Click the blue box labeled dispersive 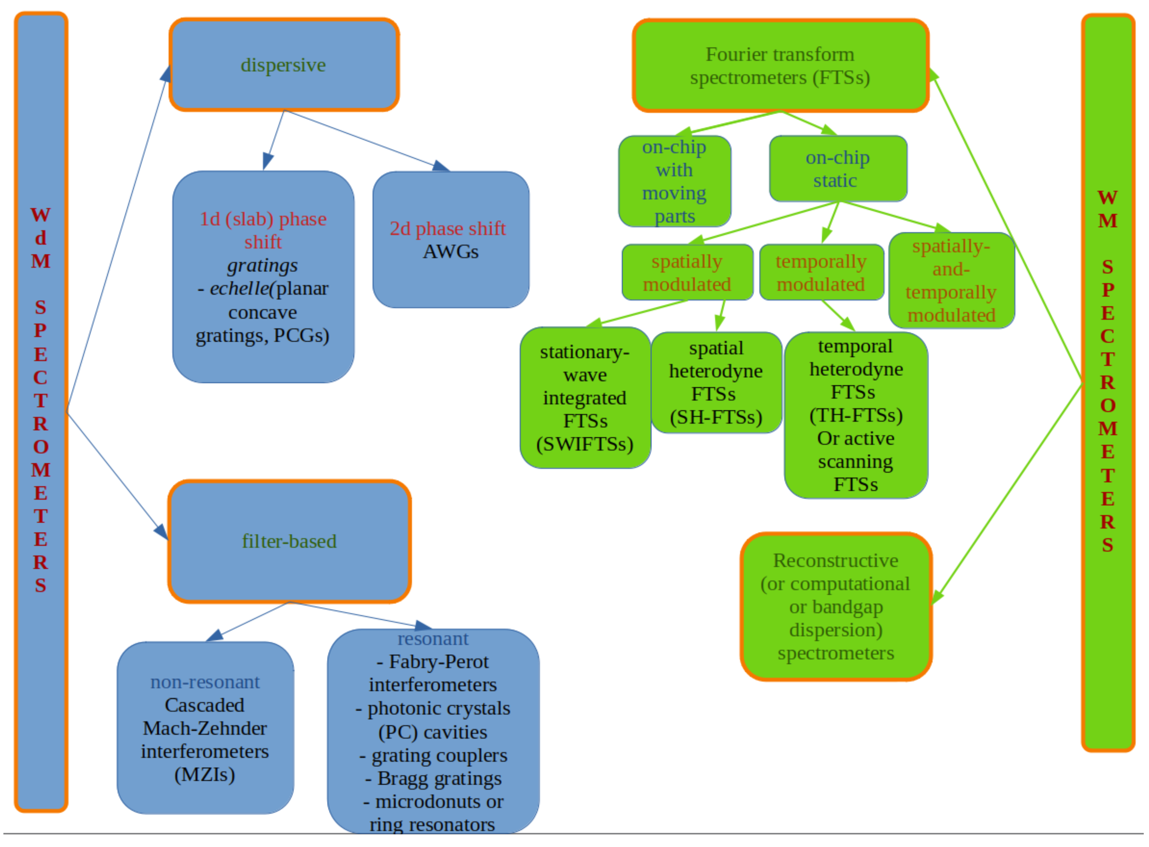[283, 65]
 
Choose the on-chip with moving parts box [674, 181]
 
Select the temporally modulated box [820, 272]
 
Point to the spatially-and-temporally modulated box [951, 281]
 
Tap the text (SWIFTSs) [584, 444]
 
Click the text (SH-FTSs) [716, 417]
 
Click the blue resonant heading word [433, 638]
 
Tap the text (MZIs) [204, 774]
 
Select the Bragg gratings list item [433, 778]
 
